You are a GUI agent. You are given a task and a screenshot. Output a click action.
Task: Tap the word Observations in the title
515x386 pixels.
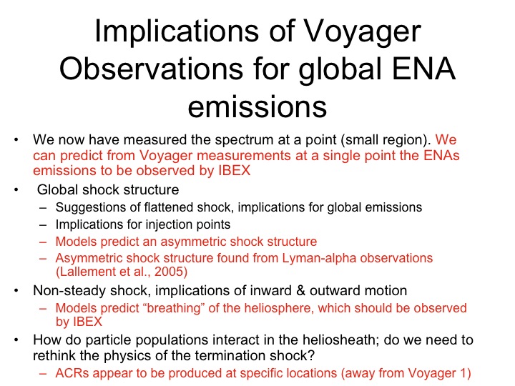point(151,69)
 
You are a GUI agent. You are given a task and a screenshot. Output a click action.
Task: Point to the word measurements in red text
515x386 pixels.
point(244,156)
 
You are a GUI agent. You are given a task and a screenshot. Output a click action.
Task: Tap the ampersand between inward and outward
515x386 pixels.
point(300,291)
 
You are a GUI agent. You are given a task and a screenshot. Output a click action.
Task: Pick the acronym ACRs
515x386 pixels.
point(72,374)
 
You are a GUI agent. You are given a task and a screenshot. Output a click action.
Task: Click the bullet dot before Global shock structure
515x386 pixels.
point(16,189)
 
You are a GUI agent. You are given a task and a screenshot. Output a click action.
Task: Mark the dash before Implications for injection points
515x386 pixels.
point(43,225)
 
